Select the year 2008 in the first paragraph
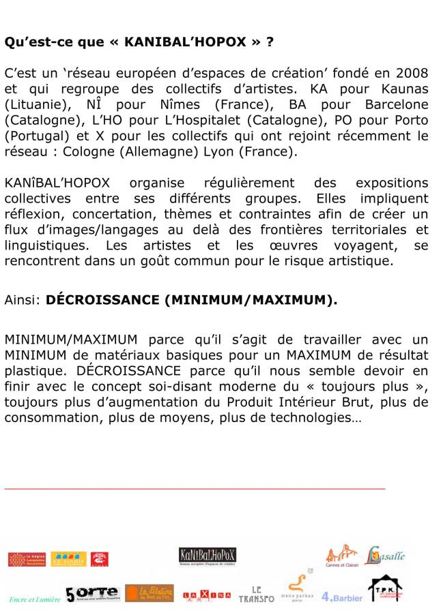click(x=410, y=74)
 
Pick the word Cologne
click(x=88, y=151)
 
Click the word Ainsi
click(x=23, y=299)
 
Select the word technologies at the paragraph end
click(x=319, y=417)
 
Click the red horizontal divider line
click(x=195, y=488)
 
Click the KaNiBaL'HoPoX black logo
click(x=208, y=556)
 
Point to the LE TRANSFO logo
click(x=256, y=594)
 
